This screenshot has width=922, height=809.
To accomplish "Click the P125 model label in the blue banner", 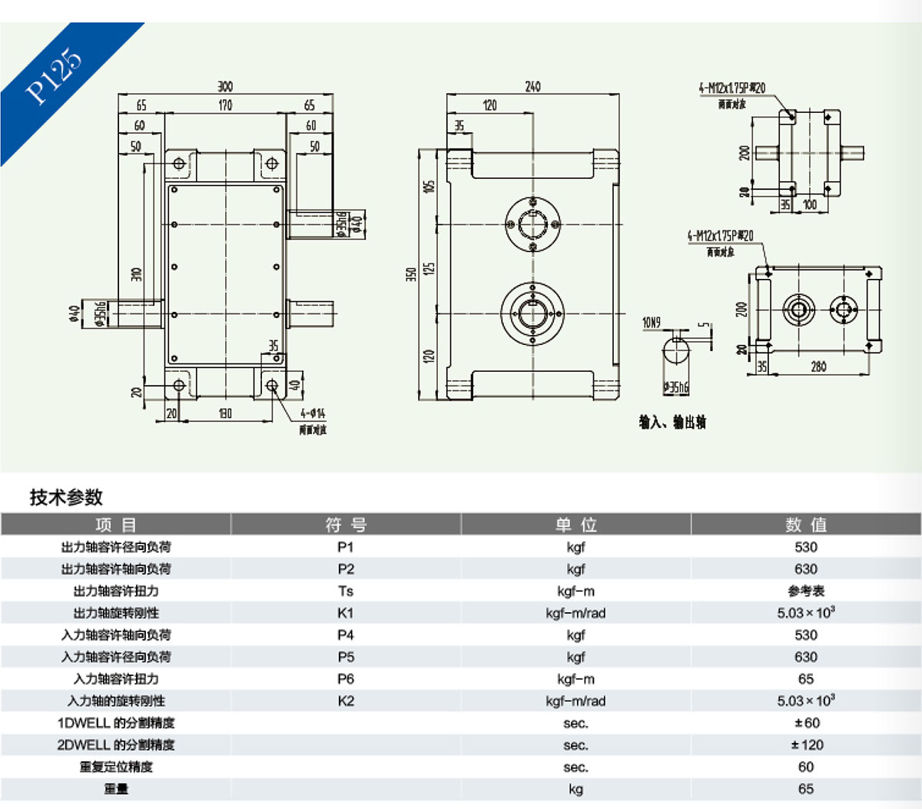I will pos(54,76).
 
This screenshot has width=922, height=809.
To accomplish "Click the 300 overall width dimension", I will pos(224,87).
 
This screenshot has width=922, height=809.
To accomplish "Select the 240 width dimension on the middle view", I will pos(532,87).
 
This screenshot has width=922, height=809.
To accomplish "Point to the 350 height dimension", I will pos(411,274).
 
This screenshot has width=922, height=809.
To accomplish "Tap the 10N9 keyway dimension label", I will pos(652,323).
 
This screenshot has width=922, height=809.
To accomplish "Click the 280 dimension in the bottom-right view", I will pos(819,366).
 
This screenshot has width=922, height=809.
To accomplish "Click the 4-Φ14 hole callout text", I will pos(313,413).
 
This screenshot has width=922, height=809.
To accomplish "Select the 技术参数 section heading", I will pos(66,497).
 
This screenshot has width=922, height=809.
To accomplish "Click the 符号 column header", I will pos(346,525).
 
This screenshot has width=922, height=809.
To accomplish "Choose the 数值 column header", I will pos(806,525).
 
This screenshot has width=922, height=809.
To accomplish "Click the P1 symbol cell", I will pos(346,547).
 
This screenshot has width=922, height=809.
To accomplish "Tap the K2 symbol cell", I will pos(346,701).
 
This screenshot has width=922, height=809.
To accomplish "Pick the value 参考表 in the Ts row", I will pos(806,591).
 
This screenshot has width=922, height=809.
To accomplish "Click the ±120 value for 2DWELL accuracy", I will pos(806,744).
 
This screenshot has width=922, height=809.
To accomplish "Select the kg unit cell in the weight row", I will pos(575,789).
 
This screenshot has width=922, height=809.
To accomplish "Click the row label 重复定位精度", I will pos(116,767).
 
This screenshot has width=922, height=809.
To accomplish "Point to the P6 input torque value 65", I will pos(806,679).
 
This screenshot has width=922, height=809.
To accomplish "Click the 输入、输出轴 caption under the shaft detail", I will pos(672,423).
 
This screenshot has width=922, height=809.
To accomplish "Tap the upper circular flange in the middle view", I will pos(532,224).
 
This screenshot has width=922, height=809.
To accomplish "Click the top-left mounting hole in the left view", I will pos(179,164).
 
